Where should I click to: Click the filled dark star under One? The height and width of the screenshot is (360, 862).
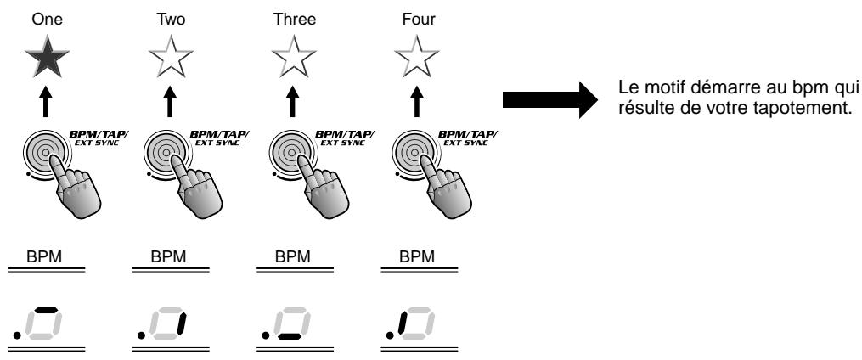pos(48,57)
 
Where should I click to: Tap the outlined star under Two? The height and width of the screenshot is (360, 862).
pos(171,57)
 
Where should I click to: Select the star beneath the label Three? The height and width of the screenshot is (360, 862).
pos(294,57)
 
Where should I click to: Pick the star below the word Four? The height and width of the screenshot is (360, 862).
pos(417,57)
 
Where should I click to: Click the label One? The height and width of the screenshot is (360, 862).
pos(48,20)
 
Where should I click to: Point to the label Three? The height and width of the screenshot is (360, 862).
pos(295,20)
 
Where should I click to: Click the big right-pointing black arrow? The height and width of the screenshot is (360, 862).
pos(550,99)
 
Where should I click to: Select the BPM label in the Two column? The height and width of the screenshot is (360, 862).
pos(168,256)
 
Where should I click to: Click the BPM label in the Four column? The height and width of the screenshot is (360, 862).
pos(417,256)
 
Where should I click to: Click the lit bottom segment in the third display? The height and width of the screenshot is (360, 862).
pos(290,336)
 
